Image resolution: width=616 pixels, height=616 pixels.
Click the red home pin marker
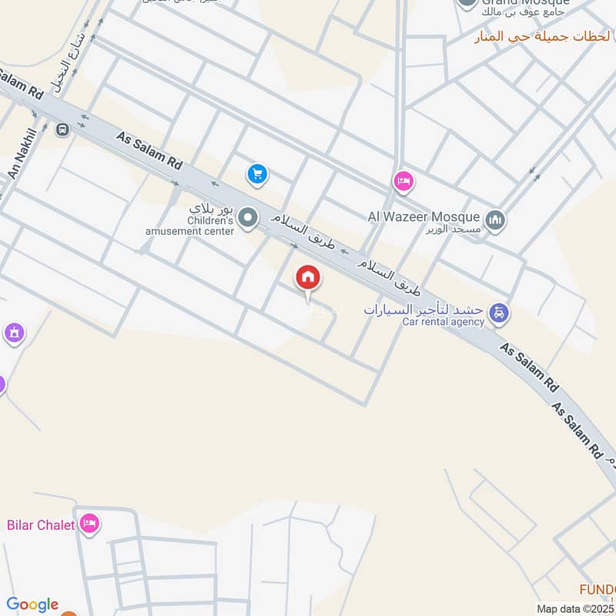click(308, 279)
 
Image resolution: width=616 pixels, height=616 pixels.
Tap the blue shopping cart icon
click(257, 175)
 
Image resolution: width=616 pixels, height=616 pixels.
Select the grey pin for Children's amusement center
click(247, 218)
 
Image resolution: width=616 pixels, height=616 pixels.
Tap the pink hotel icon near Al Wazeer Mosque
click(402, 182)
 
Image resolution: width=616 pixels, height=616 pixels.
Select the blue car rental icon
click(499, 313)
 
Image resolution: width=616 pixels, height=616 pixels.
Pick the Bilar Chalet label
click(41, 525)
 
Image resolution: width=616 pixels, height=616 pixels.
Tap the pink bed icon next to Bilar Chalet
click(90, 524)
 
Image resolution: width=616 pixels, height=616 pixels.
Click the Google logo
click(32, 604)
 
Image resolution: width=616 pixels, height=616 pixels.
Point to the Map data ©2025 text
click(576, 608)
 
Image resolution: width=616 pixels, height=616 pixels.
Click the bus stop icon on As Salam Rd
click(62, 129)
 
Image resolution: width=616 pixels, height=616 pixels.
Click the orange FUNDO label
click(598, 590)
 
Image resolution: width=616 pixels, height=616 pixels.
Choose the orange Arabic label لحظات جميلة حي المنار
click(543, 36)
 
